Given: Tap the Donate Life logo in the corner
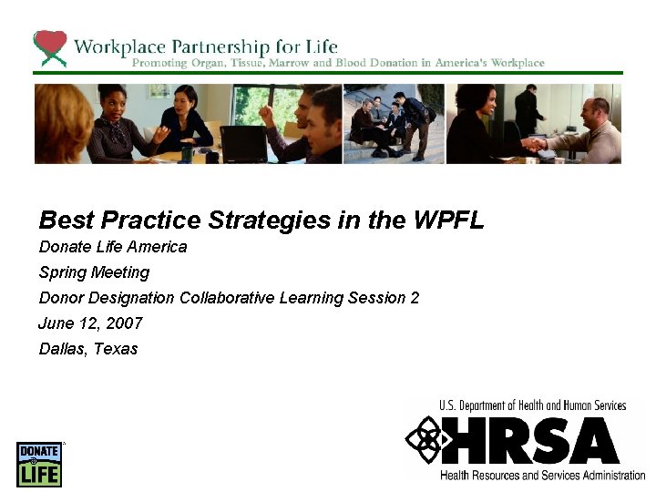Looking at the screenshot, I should tap(38, 464).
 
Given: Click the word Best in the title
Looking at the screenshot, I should tap(67, 220).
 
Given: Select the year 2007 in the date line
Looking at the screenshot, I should tap(123, 323).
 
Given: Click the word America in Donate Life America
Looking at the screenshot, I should tap(156, 247).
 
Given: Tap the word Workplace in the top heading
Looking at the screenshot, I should tap(118, 46).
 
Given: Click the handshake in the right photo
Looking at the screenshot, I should tap(534, 143).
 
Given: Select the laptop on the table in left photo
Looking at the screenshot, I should tap(242, 143).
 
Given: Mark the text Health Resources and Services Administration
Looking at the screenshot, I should tap(542, 475).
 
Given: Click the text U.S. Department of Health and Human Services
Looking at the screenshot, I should tap(532, 405).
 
